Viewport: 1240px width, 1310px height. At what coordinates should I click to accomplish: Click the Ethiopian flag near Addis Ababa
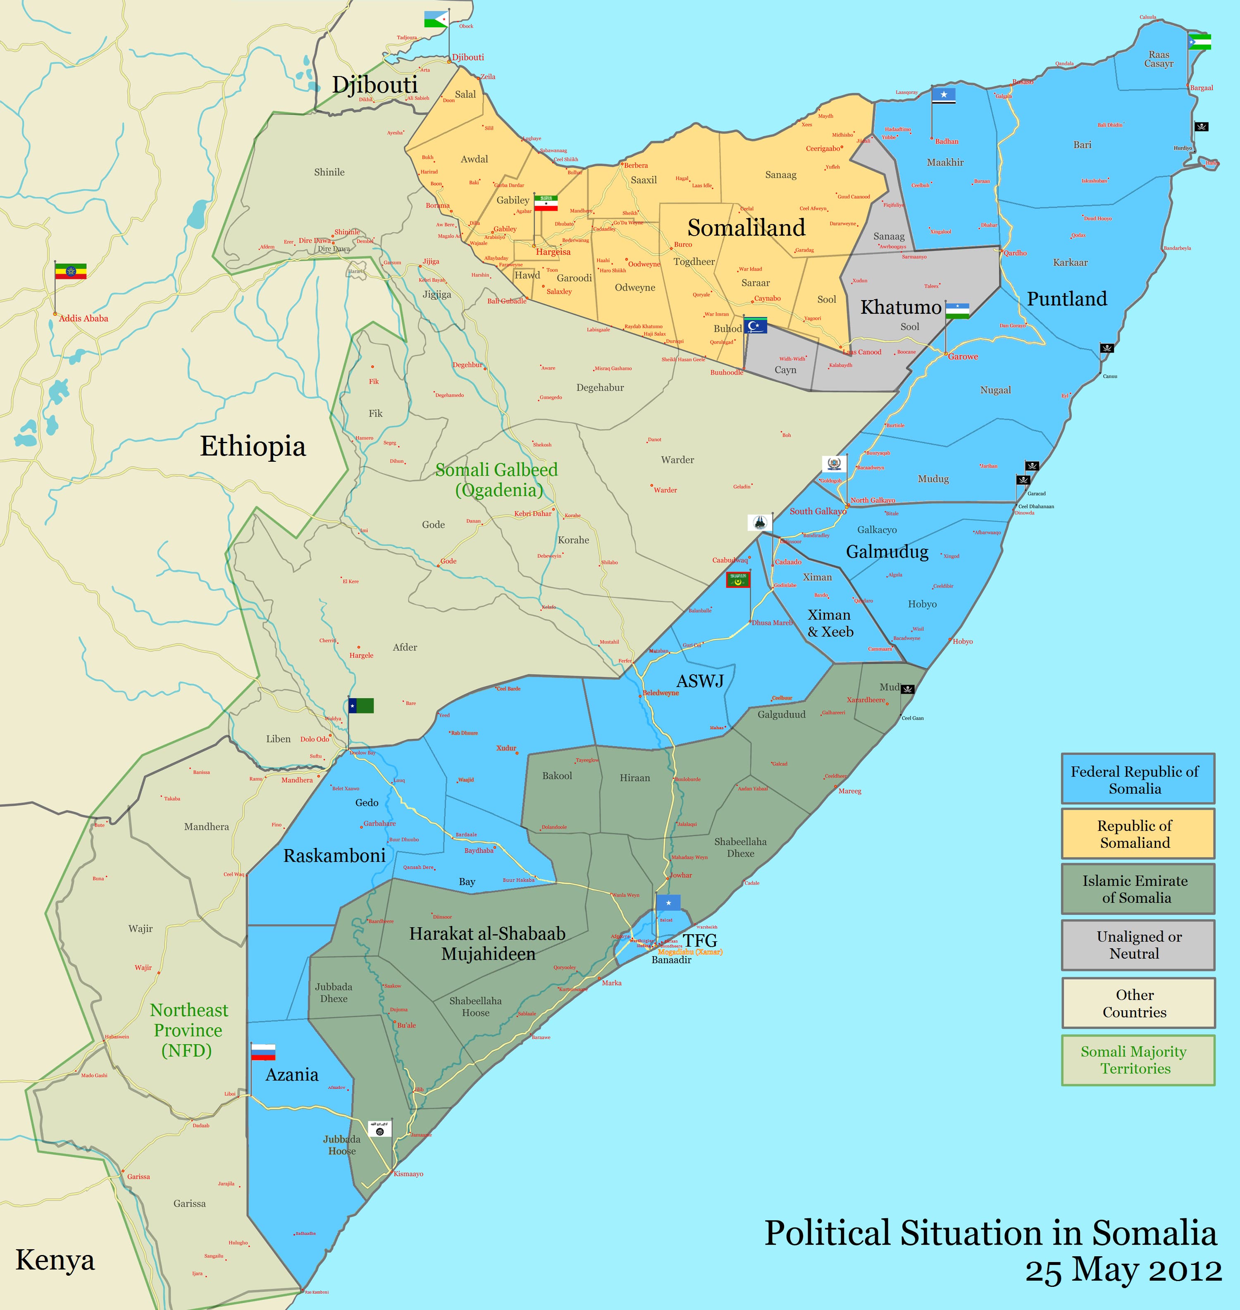pos(70,271)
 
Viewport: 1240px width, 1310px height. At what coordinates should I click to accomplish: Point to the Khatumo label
pos(900,307)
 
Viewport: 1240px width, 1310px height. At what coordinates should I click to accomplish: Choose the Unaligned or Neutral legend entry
pos(1137,945)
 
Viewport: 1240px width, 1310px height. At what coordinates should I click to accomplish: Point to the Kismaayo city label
pos(408,1174)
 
